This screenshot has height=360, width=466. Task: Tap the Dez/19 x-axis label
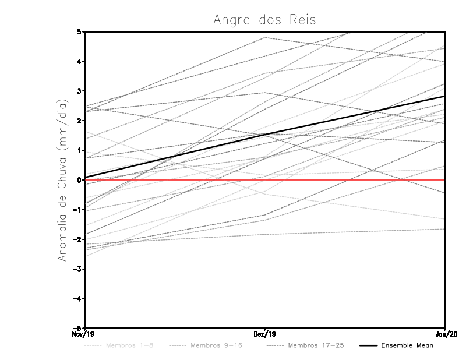point(264,334)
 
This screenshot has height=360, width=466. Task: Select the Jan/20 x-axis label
point(445,334)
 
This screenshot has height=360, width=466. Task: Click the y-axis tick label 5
point(79,31)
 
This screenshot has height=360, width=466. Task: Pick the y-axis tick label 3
point(79,91)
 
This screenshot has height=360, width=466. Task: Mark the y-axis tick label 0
point(79,180)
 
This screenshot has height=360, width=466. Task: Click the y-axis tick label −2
point(77,239)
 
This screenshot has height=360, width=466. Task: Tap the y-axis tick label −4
point(77,299)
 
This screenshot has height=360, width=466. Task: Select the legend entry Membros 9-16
point(216,345)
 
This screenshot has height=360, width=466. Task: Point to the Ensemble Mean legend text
point(407,345)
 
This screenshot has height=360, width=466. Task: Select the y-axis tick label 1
point(79,150)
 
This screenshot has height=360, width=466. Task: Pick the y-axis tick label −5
point(77,328)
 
